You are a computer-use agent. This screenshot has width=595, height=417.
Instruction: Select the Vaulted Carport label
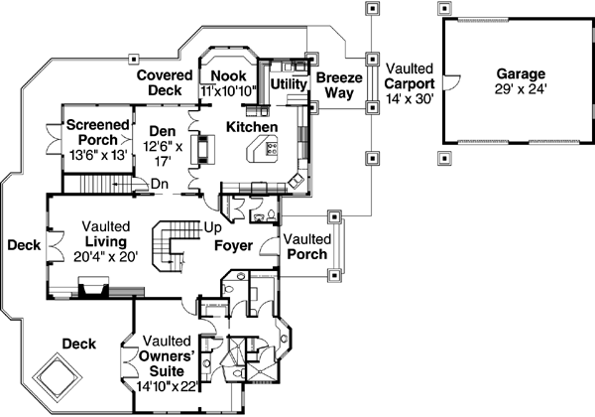pos(408,76)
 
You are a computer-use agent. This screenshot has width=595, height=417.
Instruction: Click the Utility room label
pos(289,84)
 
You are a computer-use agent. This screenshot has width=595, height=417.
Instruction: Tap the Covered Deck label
pos(164,82)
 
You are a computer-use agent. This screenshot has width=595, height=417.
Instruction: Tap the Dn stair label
pos(160,182)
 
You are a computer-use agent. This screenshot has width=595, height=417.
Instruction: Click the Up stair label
pos(211,227)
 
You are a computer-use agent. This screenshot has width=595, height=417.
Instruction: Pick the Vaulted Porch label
pos(307,247)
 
